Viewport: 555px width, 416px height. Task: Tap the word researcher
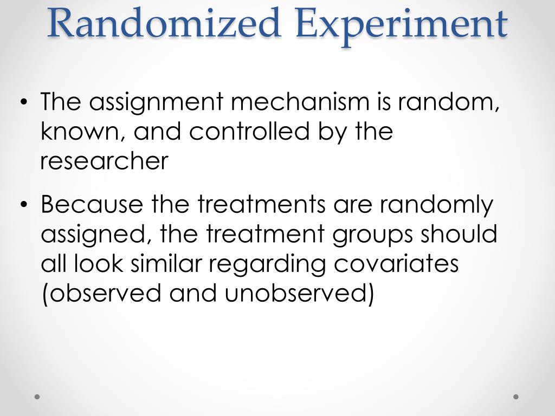[105, 161]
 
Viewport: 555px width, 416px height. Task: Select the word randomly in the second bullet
[436, 205]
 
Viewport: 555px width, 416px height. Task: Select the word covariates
[396, 264]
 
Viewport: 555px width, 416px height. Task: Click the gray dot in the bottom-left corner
[37, 396]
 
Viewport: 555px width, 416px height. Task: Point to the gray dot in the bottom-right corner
[516, 396]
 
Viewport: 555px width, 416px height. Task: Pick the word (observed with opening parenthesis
[102, 294]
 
